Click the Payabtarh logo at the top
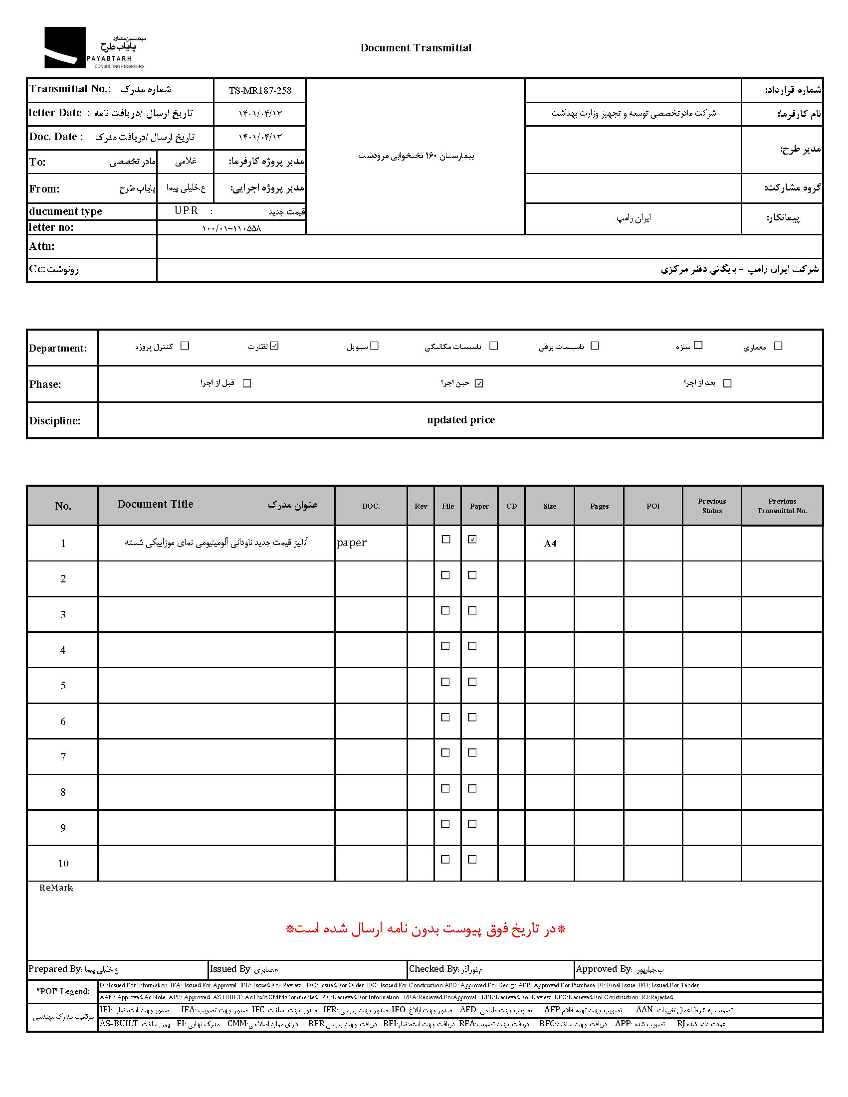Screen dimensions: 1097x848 94,48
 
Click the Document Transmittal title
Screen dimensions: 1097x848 416,48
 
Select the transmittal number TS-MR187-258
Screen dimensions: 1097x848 260,91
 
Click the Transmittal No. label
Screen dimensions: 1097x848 70,89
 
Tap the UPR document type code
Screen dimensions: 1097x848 186,210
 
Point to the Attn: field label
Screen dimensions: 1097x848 42,246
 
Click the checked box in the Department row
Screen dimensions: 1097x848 274,346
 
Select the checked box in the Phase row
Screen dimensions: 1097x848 479,383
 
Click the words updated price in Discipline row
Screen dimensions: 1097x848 461,420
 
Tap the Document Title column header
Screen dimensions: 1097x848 155,504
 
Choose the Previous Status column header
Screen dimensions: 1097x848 711,506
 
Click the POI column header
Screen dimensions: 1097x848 652,506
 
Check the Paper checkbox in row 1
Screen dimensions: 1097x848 472,539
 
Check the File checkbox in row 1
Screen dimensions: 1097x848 445,539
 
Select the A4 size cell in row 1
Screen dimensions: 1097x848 550,543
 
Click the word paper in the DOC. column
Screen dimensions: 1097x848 352,543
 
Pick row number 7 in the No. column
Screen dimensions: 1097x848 63,757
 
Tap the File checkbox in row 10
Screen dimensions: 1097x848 445,860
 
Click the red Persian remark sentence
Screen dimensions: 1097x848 425,929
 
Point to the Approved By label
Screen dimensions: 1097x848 604,969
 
